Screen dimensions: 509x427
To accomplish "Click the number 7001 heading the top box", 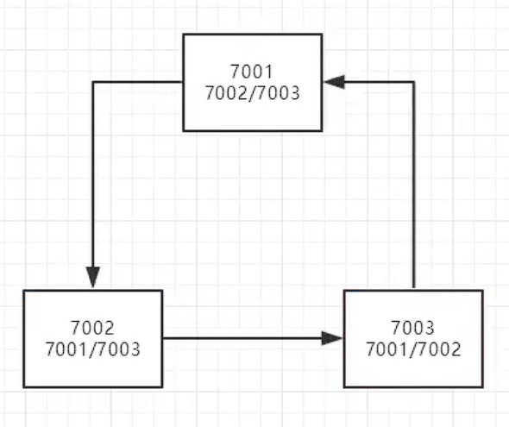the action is (x=252, y=72).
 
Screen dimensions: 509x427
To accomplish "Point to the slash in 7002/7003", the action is (x=252, y=93).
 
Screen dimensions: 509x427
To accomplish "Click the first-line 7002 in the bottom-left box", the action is (x=92, y=328).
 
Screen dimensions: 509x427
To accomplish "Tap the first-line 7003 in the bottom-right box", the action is (x=413, y=328).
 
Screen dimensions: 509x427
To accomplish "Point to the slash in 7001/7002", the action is (x=413, y=349).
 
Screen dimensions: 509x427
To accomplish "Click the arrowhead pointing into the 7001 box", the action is (x=334, y=82).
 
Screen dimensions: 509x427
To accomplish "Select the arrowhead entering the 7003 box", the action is (x=332, y=338).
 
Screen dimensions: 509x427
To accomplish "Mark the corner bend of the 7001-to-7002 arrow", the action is (x=93, y=82).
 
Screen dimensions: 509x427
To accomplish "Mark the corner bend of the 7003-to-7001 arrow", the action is (x=414, y=82).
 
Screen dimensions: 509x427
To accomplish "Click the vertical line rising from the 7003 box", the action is (x=414, y=185).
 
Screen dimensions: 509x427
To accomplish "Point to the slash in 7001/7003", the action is (x=93, y=349).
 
